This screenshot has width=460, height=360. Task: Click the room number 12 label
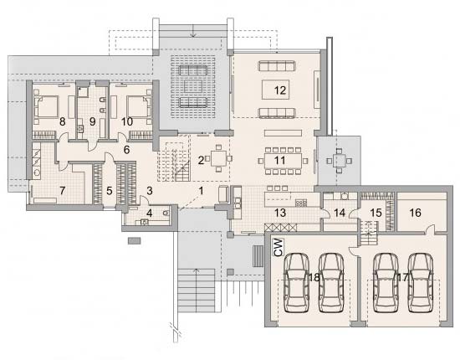tap(280, 90)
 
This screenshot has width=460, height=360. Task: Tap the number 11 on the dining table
tap(279, 161)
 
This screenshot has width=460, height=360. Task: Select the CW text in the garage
tap(279, 247)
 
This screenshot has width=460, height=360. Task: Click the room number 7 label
tap(62, 191)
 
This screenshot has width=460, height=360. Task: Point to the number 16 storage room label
tap(415, 213)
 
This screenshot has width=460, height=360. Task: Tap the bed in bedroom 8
tap(46, 107)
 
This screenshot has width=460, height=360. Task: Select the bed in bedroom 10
tap(139, 107)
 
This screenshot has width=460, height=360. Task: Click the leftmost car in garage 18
tap(297, 283)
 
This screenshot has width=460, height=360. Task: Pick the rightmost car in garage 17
tap(421, 283)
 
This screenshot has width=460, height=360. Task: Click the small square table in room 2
tap(218, 158)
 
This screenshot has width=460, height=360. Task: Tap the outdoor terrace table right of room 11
tap(339, 161)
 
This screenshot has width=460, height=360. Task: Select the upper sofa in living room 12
tap(277, 66)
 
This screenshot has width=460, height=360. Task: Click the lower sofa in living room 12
tap(277, 113)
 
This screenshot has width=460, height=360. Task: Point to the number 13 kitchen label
tap(280, 213)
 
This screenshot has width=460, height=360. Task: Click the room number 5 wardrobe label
tap(109, 191)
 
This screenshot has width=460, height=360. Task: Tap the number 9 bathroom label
tap(92, 121)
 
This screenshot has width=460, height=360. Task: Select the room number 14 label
tap(340, 213)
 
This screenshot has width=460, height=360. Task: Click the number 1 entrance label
tap(201, 191)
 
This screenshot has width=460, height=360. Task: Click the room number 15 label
tap(376, 213)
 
